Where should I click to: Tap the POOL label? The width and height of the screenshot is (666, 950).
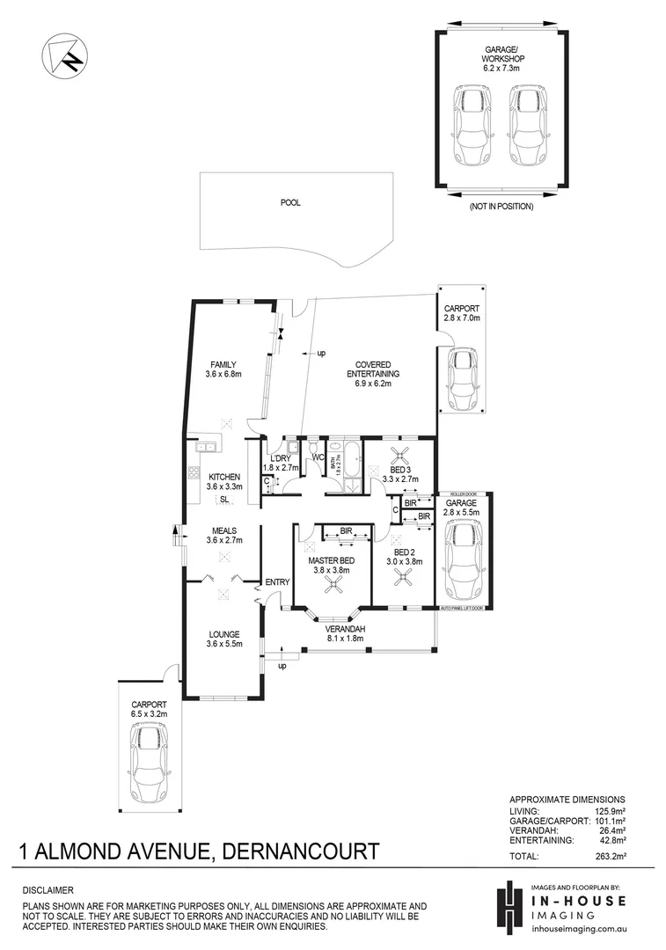[x=290, y=202]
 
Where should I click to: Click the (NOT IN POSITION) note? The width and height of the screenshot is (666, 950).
[x=501, y=208]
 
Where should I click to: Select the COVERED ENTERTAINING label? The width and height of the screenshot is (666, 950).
[x=377, y=369]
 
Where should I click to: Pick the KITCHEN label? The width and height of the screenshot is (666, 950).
[x=223, y=477]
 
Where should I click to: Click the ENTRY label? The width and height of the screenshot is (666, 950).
[x=277, y=582]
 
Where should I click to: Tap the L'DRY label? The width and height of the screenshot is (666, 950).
[x=282, y=459]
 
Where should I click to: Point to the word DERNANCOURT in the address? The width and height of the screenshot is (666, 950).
[x=303, y=851]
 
